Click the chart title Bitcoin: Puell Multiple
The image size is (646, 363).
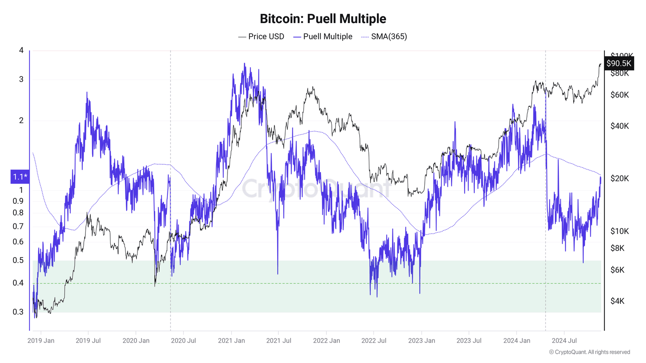pos(323,19)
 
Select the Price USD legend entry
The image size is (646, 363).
pos(261,37)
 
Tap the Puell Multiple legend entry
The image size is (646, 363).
pos(323,37)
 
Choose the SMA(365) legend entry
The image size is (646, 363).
pos(384,37)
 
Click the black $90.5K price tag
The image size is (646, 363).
pos(619,63)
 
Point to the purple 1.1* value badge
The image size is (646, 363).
pos(20,177)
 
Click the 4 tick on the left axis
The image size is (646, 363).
pos(21,50)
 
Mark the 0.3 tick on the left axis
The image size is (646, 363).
pos(18,312)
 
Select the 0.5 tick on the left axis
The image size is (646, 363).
pos(18,260)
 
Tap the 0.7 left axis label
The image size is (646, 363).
pos(18,226)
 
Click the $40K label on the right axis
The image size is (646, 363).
pos(620,126)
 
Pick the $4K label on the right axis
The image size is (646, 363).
pos(617,301)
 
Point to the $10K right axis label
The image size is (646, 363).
pos(620,231)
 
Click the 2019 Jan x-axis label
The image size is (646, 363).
pos(41,340)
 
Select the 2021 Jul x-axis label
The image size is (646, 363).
pos(278,340)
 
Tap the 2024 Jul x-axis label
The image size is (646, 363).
pos(564,340)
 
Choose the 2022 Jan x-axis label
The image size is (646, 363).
pos(326,340)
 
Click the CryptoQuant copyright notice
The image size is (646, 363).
pos(589,352)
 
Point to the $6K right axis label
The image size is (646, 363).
pos(617,270)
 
